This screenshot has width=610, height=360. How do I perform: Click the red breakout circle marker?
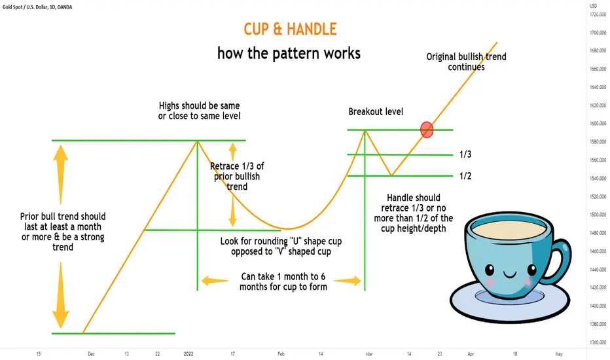point(427,130)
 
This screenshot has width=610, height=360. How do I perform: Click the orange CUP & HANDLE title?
point(290,29)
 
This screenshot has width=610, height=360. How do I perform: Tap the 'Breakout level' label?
point(376,112)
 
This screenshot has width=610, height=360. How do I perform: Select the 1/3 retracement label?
point(465,154)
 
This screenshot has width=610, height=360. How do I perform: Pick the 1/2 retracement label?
point(465,176)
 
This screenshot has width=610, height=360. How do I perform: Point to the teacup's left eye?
point(490,269)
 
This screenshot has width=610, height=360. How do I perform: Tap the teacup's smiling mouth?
point(510,275)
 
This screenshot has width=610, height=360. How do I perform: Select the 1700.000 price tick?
point(598,33)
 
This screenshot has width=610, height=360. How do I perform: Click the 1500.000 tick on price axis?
point(598,215)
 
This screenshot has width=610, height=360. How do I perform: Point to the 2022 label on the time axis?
point(188,353)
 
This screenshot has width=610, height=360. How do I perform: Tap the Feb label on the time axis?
point(281,353)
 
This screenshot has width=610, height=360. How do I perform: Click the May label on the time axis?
point(559,353)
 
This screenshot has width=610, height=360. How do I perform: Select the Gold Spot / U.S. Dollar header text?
point(37,7)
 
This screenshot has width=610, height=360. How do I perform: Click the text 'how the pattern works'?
point(289,53)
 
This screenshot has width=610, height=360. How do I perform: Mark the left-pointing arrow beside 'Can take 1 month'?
point(215,281)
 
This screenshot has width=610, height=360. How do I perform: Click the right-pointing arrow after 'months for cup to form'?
point(348,281)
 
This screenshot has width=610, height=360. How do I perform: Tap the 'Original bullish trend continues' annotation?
point(466,62)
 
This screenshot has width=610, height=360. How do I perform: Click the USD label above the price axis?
point(593,6)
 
